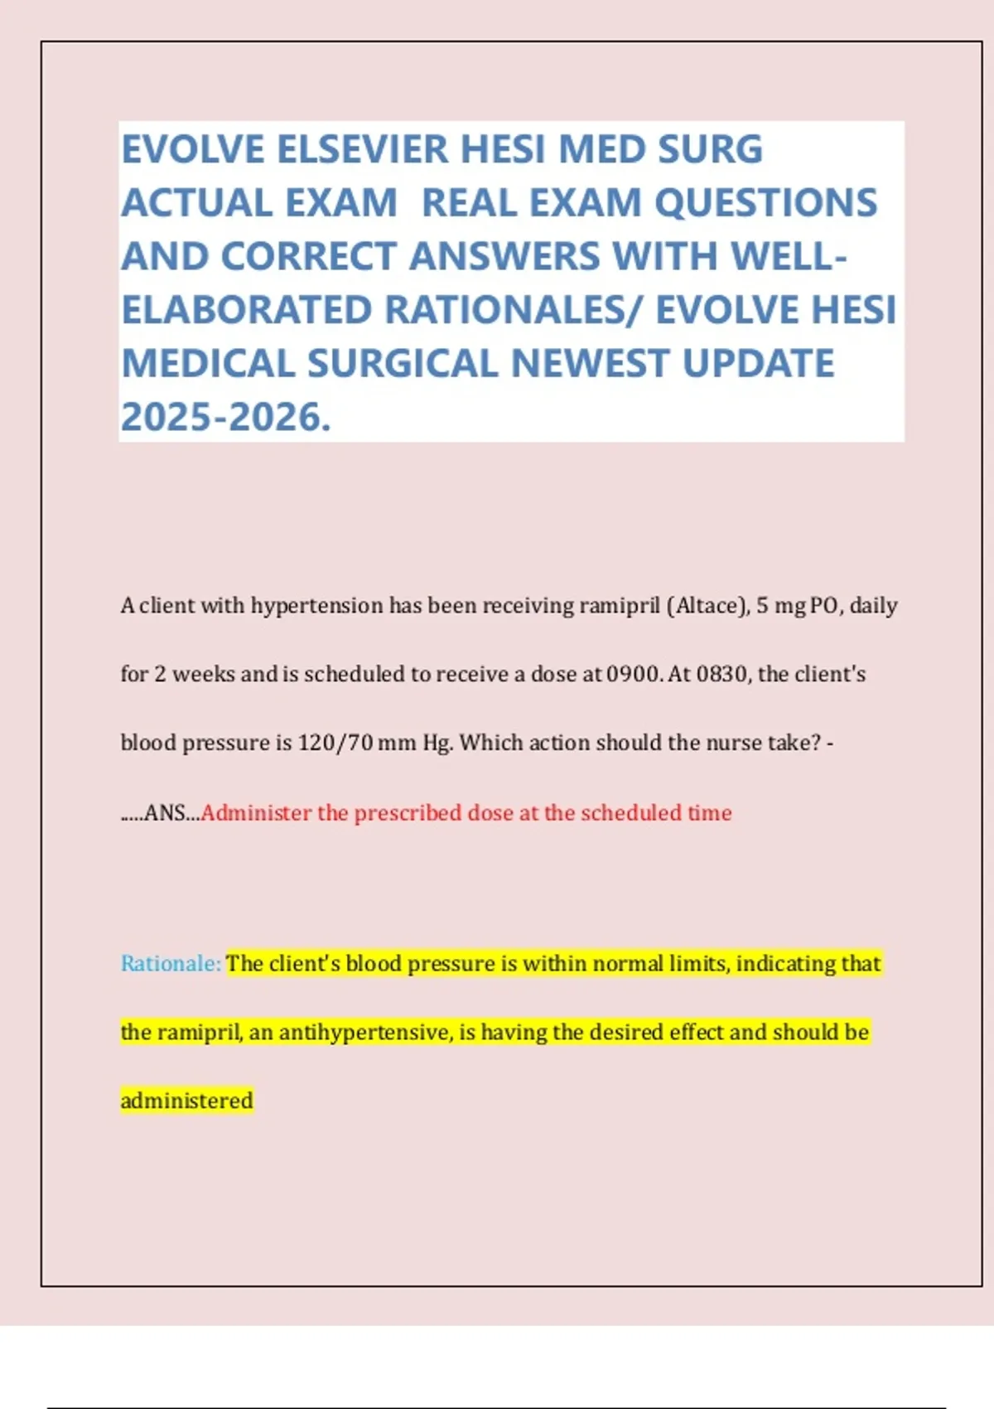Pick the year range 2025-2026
click(x=225, y=417)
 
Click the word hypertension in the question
click(x=317, y=606)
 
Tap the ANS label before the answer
click(x=164, y=813)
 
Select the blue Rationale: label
click(x=171, y=964)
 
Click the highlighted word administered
click(x=186, y=1102)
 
